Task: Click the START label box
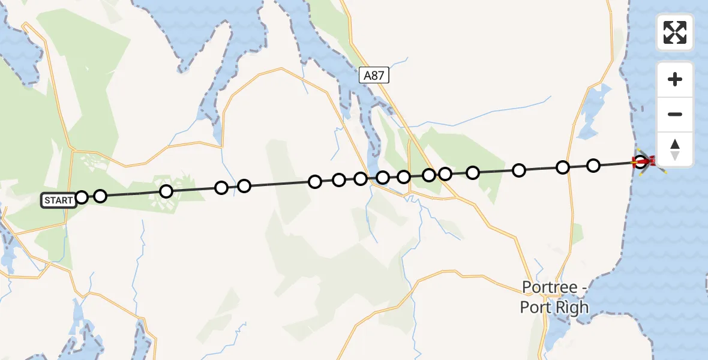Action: click(58, 200)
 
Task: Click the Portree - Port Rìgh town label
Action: click(554, 298)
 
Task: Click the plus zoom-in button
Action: click(675, 79)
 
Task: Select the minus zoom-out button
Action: click(675, 114)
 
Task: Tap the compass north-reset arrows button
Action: click(675, 149)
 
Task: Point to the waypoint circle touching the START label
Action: click(82, 197)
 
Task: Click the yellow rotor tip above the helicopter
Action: click(638, 150)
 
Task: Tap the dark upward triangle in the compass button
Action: click(675, 144)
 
